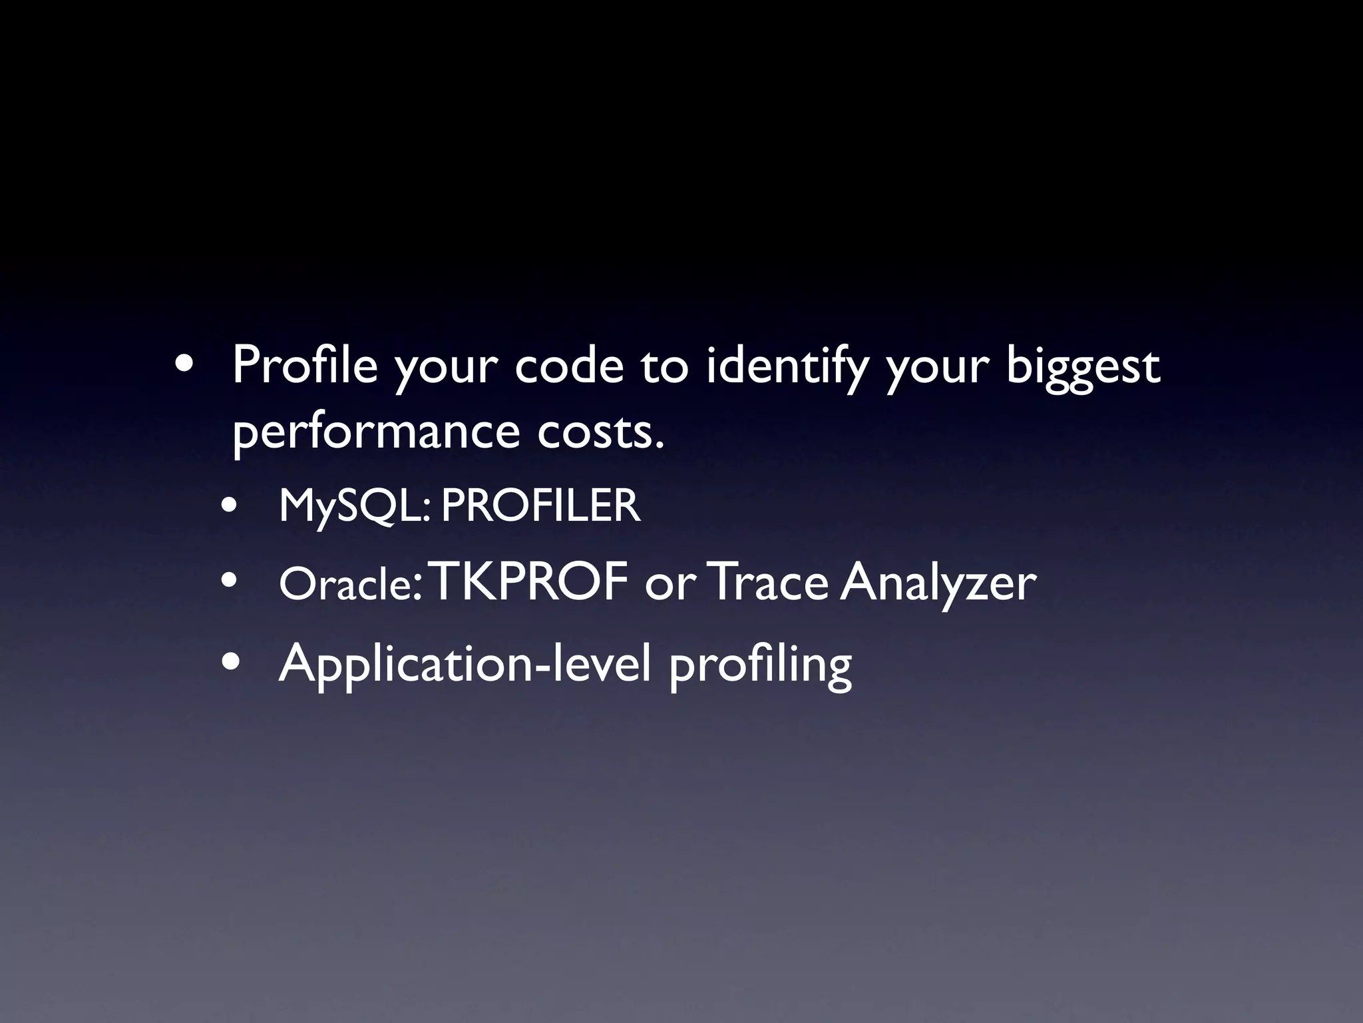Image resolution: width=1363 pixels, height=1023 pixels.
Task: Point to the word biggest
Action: pos(1083,368)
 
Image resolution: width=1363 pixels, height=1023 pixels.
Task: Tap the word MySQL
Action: pos(355,506)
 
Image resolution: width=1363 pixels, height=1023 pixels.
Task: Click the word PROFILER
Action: pos(540,506)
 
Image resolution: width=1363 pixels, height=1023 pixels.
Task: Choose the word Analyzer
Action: pos(938,583)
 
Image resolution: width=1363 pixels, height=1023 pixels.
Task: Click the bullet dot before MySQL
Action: pos(230,507)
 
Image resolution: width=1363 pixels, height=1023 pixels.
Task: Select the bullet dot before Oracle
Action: pos(230,583)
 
